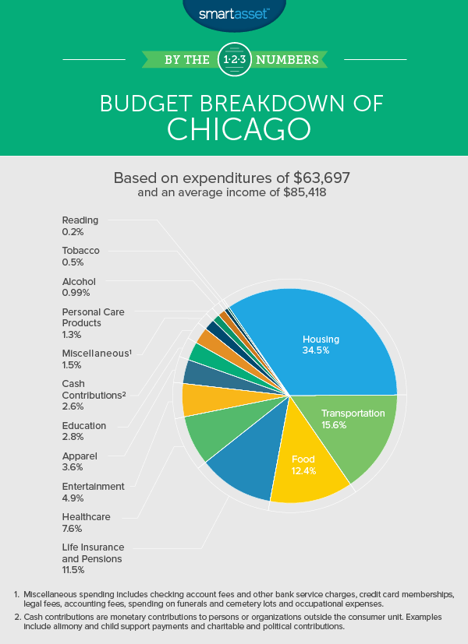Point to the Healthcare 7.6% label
tap(86, 522)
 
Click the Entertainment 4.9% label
tap(93, 492)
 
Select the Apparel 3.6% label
tap(79, 462)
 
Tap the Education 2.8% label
tap(83, 431)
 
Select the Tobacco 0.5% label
tap(81, 256)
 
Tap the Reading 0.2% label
tap(80, 226)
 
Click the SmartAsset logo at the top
tap(233, 13)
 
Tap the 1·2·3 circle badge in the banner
tap(233, 59)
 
